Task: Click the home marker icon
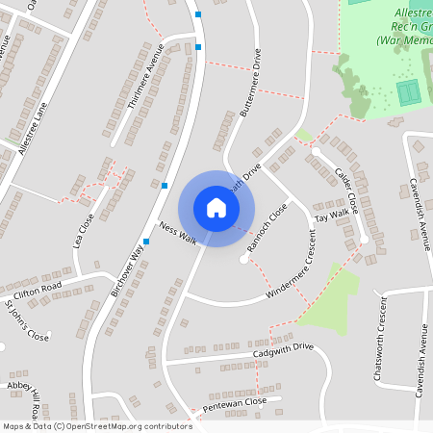click(x=216, y=208)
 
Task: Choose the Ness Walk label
click(x=179, y=235)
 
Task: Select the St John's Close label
click(x=26, y=321)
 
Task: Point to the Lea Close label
click(x=84, y=231)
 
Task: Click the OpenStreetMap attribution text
click(x=96, y=425)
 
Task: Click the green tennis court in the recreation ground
click(x=409, y=93)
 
